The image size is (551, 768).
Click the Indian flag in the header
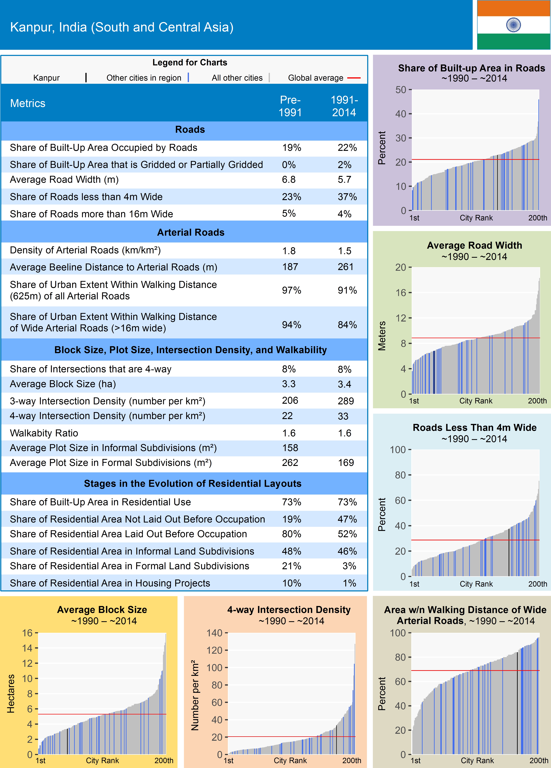[513, 25]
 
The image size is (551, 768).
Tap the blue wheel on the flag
[513, 25]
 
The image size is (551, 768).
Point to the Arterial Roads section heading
[190, 232]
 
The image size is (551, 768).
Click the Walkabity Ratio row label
[44, 433]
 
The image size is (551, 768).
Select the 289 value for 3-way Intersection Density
[346, 401]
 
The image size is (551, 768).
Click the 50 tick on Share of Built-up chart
[401, 90]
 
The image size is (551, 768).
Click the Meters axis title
[382, 336]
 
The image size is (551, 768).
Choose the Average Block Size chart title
[102, 610]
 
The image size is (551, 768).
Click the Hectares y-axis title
[11, 694]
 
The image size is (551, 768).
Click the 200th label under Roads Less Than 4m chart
[537, 584]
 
